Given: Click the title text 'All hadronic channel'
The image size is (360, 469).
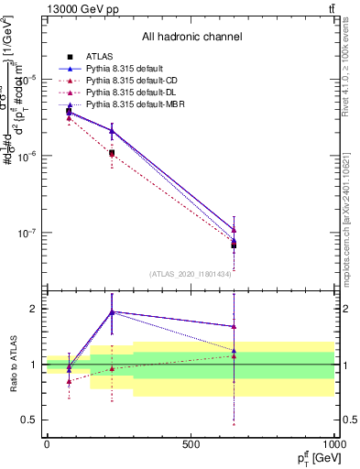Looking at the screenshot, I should coord(191,37).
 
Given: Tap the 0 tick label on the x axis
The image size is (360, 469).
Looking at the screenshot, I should coord(47,445).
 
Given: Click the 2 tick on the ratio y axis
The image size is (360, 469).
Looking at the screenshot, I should coord(35,309).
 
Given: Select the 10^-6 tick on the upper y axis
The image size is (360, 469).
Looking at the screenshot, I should coord(27,156).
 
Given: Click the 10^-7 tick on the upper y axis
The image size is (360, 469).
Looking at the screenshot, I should coord(27,233).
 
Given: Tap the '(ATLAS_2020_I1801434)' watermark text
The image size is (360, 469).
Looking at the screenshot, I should coord(191,274).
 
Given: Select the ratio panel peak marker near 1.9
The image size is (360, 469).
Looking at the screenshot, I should coord(112,311).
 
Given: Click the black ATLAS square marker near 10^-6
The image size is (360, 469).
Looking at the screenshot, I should coord(112,152).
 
